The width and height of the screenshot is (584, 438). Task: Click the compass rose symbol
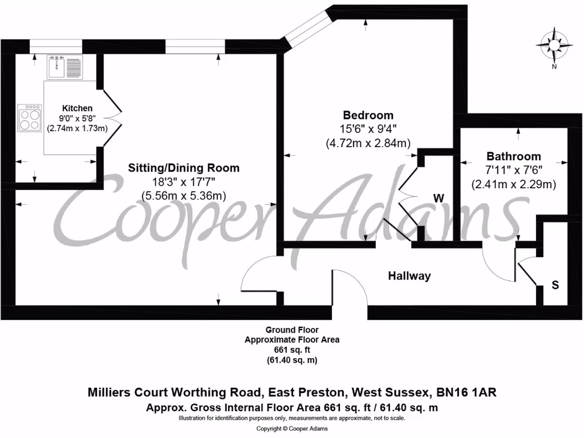553,45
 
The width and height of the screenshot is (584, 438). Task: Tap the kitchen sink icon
66,67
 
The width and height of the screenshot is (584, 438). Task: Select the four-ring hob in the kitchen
30,119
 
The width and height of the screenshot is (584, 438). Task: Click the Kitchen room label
77,108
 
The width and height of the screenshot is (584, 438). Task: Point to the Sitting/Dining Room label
183,168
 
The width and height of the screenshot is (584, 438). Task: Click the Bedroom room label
368,116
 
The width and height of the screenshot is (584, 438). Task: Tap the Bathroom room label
513,156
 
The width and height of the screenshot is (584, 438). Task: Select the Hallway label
409,276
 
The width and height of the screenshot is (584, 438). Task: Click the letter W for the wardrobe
439,198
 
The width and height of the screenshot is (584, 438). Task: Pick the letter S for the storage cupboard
555,285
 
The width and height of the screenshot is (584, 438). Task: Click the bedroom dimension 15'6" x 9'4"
368,129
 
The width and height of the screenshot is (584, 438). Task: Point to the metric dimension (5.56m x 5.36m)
184,196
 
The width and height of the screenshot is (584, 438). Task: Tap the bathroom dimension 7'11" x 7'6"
513,170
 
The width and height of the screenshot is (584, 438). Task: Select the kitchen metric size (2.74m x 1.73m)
77,128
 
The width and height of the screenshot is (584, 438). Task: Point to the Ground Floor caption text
292,330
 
